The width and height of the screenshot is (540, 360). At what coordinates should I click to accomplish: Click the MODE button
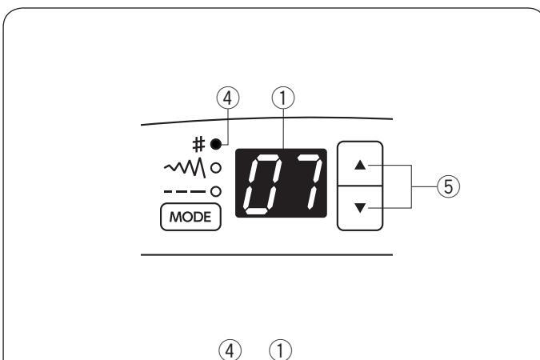point(190,217)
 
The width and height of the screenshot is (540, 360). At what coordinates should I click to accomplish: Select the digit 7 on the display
point(302,185)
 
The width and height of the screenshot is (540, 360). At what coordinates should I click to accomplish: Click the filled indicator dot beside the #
point(214,144)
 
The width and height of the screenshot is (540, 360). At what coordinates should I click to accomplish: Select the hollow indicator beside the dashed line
point(215,190)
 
